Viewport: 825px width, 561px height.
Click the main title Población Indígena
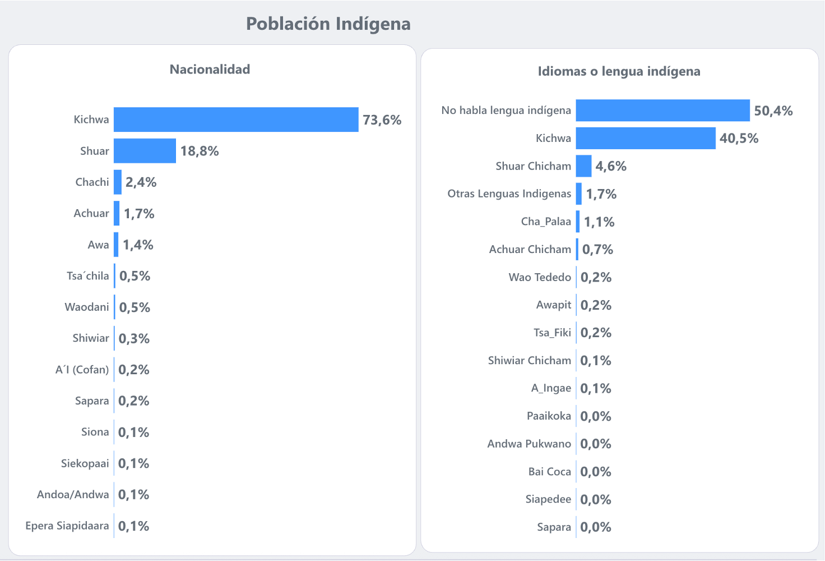328,24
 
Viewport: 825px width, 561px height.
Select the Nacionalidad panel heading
210,70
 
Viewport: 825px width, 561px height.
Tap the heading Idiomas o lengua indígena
619,71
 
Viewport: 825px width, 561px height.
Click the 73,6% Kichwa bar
236,119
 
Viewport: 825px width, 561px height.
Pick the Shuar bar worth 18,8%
145,151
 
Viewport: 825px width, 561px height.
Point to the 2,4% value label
141,182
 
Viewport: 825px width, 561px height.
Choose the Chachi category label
92,182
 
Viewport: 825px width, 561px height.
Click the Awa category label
98,245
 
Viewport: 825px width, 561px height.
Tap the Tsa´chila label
88,276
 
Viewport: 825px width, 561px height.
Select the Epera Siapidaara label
67,526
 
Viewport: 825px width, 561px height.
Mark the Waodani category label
87,307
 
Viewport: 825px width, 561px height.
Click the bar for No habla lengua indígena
662,111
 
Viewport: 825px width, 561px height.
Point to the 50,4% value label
773,111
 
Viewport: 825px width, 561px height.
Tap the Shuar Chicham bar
583,166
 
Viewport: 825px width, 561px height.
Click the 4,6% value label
611,166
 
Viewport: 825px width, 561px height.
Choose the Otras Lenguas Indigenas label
509,194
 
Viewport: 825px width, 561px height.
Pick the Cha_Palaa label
546,222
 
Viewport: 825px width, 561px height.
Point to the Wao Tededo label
540,277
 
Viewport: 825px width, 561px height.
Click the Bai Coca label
549,472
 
